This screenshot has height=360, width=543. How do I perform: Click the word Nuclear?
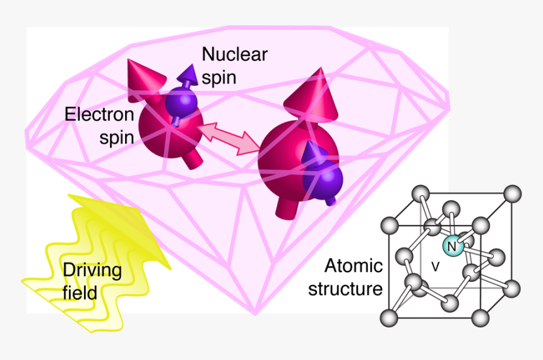[x=234, y=54]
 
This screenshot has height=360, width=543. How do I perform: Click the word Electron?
[x=99, y=114]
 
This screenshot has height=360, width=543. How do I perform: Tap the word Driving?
[x=92, y=270]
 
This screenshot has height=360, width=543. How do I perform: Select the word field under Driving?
[x=80, y=293]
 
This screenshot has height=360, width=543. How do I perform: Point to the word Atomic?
[x=353, y=266]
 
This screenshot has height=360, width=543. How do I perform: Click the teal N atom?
[x=453, y=246]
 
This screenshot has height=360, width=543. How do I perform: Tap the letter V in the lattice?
[x=435, y=267]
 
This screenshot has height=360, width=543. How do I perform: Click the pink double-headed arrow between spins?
[x=228, y=138]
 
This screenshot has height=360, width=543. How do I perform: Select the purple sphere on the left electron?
[x=181, y=102]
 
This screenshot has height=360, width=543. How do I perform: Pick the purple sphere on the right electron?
[x=323, y=179]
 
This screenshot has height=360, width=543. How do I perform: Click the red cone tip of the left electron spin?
[x=129, y=61]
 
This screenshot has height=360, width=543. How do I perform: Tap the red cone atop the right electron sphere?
[x=312, y=95]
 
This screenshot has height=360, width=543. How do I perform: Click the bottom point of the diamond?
[x=255, y=314]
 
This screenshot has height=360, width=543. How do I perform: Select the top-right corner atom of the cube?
[x=513, y=193]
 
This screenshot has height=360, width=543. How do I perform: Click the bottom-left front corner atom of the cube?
[x=389, y=318]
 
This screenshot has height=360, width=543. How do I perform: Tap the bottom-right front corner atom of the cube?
[x=480, y=318]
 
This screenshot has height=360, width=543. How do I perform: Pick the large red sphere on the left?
[x=170, y=127]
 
